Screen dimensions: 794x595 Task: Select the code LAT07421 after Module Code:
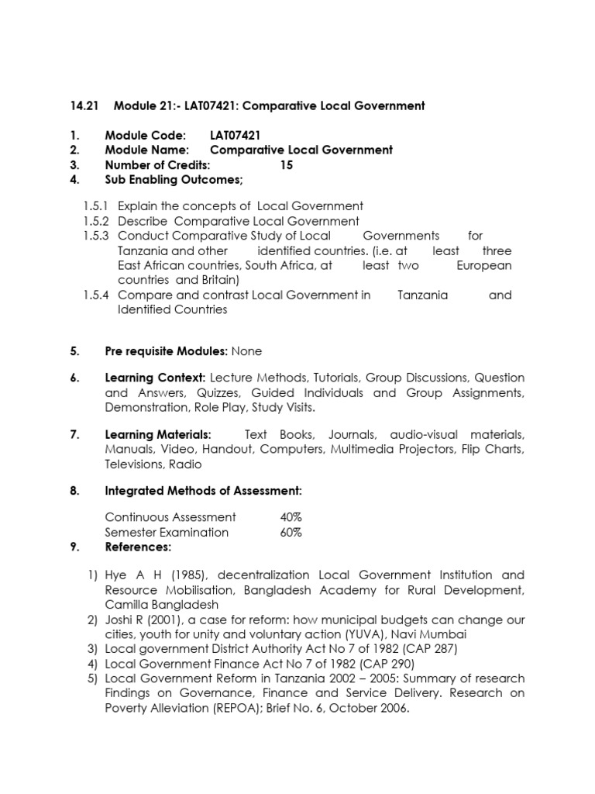coord(236,135)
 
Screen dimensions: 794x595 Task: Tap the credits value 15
coord(287,165)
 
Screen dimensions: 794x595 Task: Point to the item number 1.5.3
coord(97,236)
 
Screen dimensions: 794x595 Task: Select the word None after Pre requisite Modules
coord(246,351)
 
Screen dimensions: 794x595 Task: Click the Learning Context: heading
coord(154,378)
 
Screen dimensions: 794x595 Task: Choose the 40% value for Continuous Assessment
coord(291,517)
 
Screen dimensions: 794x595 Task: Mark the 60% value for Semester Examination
coord(291,532)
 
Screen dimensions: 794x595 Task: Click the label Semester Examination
coord(167,532)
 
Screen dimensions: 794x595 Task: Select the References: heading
coord(137,547)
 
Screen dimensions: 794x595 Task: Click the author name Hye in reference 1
coord(117,575)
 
